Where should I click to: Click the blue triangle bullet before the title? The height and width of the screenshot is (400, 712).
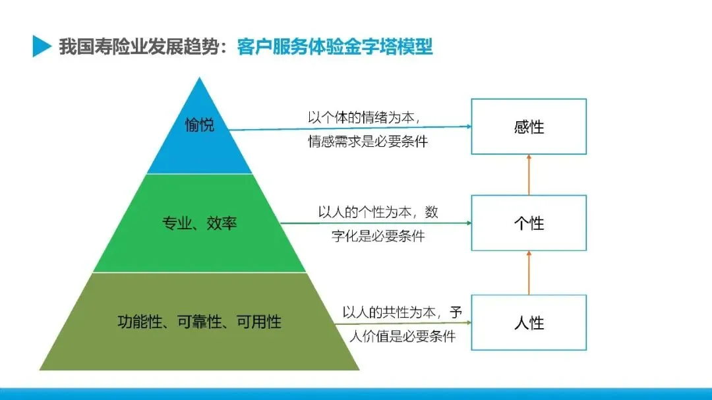pyautogui.click(x=42, y=47)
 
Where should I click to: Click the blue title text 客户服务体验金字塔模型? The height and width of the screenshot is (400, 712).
pyautogui.click(x=335, y=47)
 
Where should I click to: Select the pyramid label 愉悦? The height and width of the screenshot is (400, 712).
pyautogui.click(x=199, y=125)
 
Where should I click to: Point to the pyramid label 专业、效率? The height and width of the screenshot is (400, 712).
pyautogui.click(x=199, y=223)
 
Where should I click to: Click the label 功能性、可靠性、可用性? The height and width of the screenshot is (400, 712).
pyautogui.click(x=199, y=322)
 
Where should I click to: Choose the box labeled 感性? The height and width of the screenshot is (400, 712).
pyautogui.click(x=529, y=127)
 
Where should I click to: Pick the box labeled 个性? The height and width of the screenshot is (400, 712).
pyautogui.click(x=529, y=223)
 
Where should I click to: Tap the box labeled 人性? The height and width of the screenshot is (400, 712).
pyautogui.click(x=529, y=323)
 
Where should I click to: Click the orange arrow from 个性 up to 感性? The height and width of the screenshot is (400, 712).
pyautogui.click(x=529, y=175)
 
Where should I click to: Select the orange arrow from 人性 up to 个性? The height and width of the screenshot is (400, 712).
pyautogui.click(x=529, y=272)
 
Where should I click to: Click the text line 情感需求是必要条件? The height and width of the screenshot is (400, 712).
pyautogui.click(x=368, y=141)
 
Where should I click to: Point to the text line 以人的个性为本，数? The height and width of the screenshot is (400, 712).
pyautogui.click(x=378, y=213)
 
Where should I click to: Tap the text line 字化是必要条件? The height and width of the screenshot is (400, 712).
pyautogui.click(x=378, y=235)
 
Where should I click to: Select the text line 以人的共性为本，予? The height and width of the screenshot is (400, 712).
pyautogui.click(x=402, y=312)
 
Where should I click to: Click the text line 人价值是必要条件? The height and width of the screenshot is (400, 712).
pyautogui.click(x=402, y=335)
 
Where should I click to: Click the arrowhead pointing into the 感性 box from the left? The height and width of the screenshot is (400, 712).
pyautogui.click(x=467, y=127)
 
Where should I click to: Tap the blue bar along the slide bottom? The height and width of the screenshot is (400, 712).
pyautogui.click(x=356, y=393)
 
